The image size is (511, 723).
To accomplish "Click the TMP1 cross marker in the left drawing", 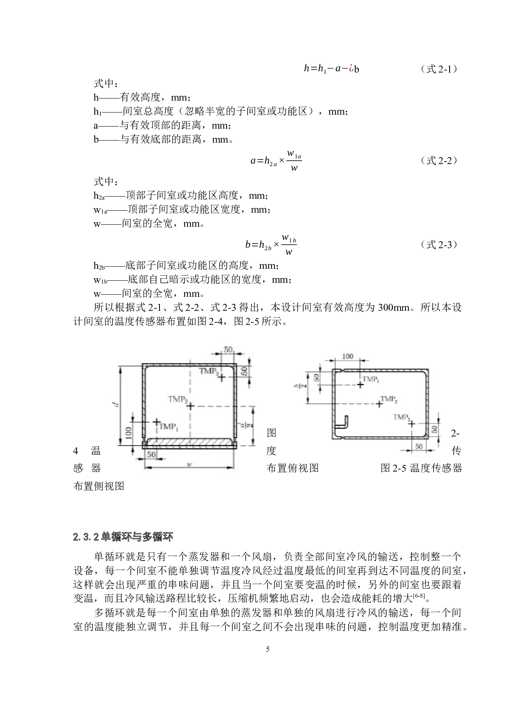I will pos(156,422).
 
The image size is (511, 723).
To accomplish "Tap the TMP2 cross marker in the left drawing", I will pos(190,406).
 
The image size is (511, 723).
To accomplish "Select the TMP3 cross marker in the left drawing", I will pos(222,377).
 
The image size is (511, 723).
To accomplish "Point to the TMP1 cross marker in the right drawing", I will pos(360,385).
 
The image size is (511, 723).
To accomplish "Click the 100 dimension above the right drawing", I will pos(347,357).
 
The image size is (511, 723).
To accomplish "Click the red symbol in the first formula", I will pos(351,69).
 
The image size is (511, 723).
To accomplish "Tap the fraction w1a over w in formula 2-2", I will pos(294,161).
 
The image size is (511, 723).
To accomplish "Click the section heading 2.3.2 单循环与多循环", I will pos(123,537).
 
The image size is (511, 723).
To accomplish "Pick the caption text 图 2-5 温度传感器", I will pos(421,468).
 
